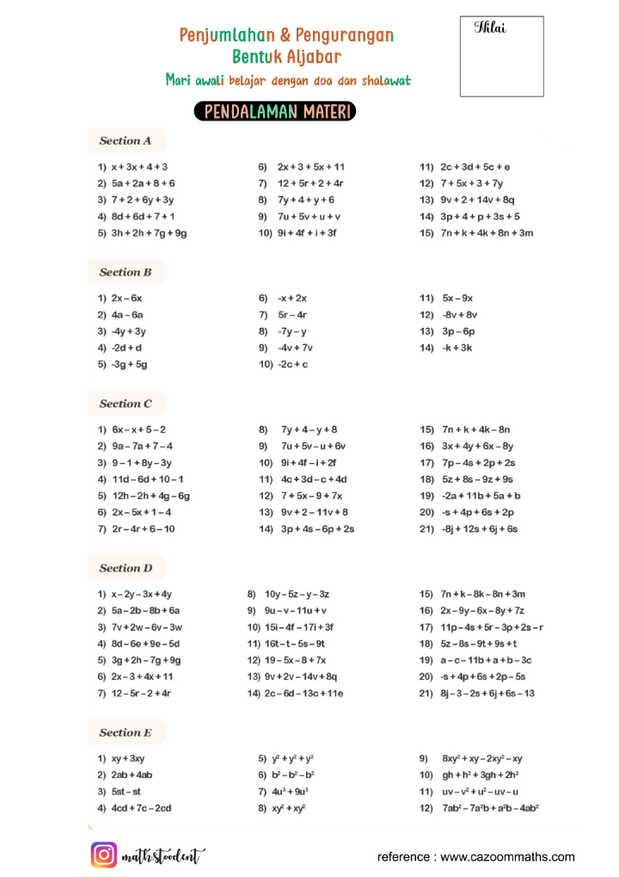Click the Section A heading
[126, 140]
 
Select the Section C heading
[126, 403]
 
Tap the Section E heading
[126, 732]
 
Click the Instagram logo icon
[104, 855]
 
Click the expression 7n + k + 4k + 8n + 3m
[487, 233]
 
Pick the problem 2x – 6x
[126, 298]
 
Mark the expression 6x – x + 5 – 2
[139, 429]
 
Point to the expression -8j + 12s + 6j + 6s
[481, 529]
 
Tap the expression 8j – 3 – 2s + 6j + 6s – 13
[488, 694]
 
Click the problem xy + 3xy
[128, 758]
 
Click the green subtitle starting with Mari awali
[288, 81]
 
